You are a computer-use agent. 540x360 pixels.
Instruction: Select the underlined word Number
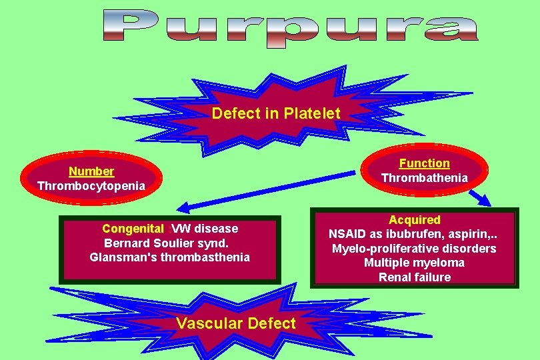click(91, 171)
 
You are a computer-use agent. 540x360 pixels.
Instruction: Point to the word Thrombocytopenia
click(91, 185)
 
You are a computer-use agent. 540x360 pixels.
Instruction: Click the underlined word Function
click(425, 163)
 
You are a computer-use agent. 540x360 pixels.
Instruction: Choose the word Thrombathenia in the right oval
click(425, 178)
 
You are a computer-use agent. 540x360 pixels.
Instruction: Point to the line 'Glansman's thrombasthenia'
click(170, 257)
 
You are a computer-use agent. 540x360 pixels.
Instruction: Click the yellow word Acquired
click(415, 220)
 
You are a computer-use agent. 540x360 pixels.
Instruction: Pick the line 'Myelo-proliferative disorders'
click(414, 249)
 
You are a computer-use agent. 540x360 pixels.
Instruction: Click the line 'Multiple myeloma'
click(414, 263)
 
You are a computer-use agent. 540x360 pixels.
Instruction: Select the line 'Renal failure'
click(414, 277)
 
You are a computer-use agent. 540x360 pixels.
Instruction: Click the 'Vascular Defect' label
click(235, 324)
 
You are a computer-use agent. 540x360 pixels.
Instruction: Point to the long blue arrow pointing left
click(267, 191)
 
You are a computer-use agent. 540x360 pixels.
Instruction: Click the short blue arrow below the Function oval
click(481, 198)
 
